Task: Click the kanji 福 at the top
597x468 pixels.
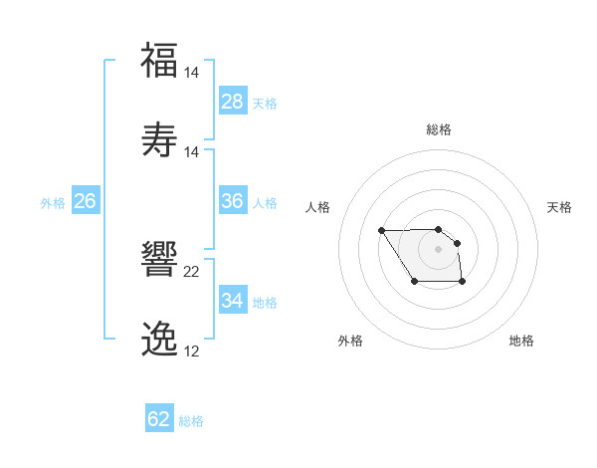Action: pos(159,60)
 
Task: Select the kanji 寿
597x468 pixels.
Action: pos(159,139)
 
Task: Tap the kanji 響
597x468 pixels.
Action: pos(159,261)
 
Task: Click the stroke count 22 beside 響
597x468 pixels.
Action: pos(192,272)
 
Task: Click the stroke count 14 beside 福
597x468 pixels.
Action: pos(192,73)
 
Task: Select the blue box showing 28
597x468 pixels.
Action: pos(233,102)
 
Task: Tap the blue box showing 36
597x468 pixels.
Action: pos(233,201)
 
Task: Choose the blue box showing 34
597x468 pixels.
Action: pos(233,301)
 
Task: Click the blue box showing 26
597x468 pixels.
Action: pos(85,201)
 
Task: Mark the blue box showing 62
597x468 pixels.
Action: pos(159,419)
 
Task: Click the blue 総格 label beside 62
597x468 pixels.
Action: pos(191,421)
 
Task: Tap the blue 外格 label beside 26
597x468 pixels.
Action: pos(53,203)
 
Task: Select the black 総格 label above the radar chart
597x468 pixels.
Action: pos(439,129)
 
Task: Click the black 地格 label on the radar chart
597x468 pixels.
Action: pos(521,341)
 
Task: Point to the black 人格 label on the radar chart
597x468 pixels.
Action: pos(318,207)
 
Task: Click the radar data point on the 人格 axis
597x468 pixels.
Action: pos(382,231)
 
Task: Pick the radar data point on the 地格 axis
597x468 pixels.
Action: pos(463,283)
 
